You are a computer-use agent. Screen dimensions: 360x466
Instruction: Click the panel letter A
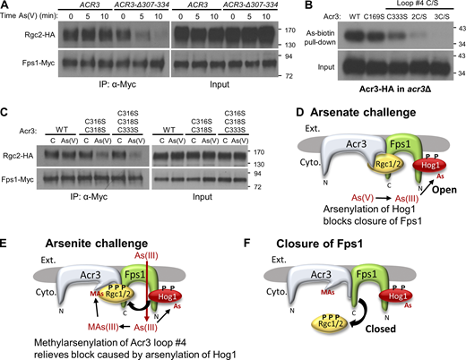pos(6,6)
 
